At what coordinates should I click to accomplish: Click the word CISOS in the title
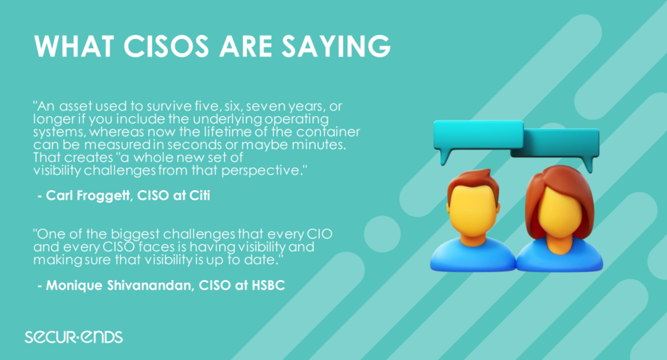pyautogui.click(x=166, y=46)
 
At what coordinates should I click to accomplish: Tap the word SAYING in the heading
pyautogui.click(x=335, y=46)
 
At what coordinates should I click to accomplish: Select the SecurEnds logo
pyautogui.click(x=74, y=337)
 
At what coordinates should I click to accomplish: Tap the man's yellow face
pyautogui.click(x=473, y=211)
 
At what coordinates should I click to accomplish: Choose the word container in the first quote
pyautogui.click(x=328, y=132)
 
